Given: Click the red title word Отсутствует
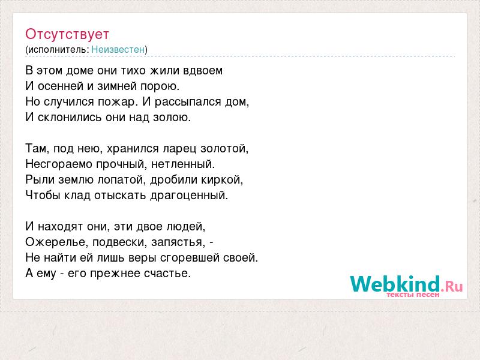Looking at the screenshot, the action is click(67, 34).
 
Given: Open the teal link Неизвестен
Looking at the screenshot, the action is click(118, 49).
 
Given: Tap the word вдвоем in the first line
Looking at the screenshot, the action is click(203, 70).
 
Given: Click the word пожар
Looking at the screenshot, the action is click(116, 102).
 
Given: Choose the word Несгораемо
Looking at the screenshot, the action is click(59, 164).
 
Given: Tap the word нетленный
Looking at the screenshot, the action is click(183, 164).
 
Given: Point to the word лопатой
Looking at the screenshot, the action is click(122, 179).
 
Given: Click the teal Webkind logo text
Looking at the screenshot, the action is click(395, 284).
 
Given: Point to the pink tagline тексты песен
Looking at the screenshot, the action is click(413, 295).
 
